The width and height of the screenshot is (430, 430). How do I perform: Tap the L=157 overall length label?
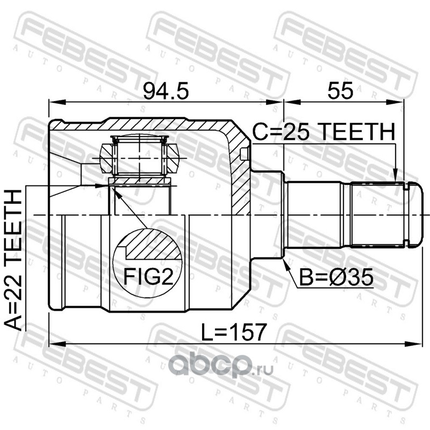pyautogui.click(x=234, y=332)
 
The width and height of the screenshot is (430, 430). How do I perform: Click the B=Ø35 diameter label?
pyautogui.click(x=336, y=277)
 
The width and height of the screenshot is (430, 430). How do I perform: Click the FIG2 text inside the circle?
pyautogui.click(x=148, y=276)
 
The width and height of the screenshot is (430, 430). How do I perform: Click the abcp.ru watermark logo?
pyautogui.click(x=221, y=365)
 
